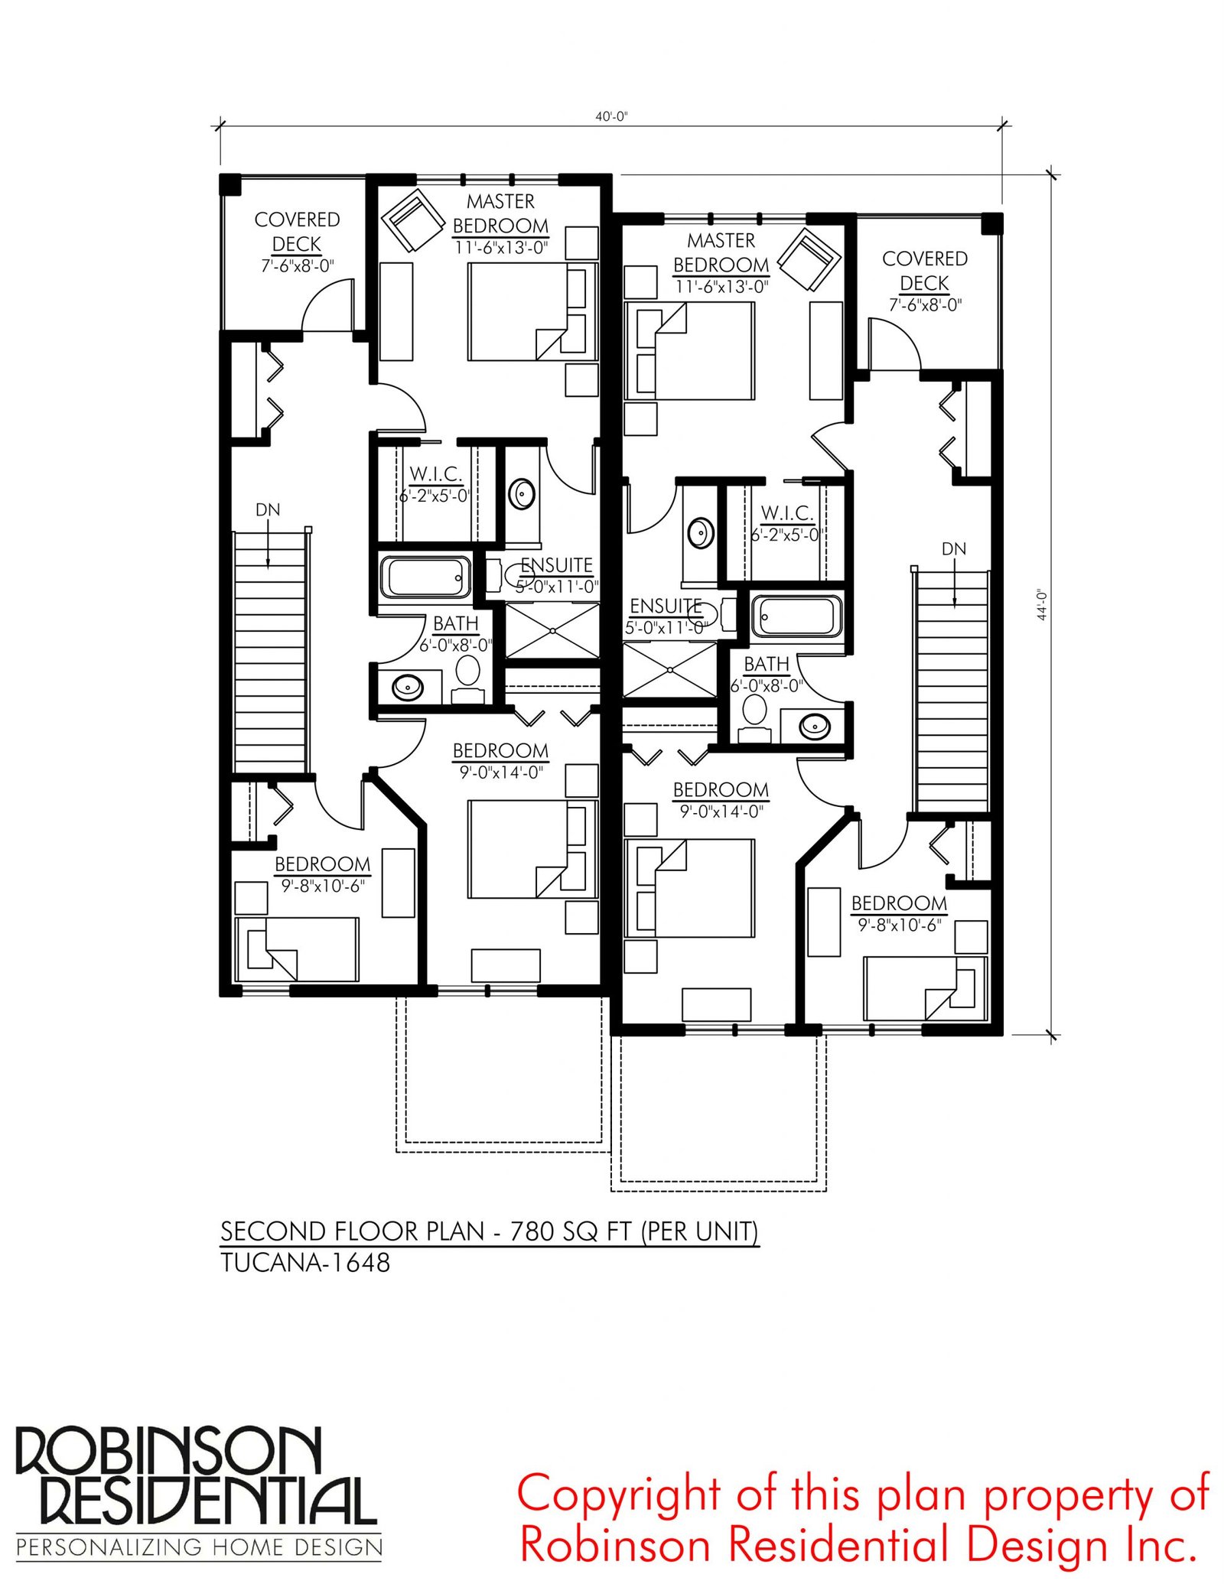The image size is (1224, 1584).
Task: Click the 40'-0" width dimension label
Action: (611, 116)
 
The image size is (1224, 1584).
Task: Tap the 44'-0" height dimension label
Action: (1042, 604)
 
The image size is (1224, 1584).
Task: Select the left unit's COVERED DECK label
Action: (297, 231)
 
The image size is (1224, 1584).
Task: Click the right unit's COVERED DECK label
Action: (925, 271)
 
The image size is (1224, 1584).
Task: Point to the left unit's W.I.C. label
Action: (435, 474)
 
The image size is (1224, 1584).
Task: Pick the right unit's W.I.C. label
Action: (786, 513)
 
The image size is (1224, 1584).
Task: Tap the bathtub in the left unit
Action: (425, 577)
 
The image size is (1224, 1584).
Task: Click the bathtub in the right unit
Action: (796, 615)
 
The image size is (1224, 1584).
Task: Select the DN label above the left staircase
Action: (268, 509)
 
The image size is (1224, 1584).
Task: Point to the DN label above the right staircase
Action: (954, 548)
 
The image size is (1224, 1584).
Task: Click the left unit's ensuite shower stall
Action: (552, 630)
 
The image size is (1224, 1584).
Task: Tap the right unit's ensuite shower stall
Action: (670, 670)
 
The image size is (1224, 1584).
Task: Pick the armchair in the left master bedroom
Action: (414, 220)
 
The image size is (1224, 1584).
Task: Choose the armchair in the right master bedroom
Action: (809, 259)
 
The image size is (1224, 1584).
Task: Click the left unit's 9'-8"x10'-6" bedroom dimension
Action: (323, 886)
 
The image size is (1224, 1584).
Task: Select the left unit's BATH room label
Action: (456, 623)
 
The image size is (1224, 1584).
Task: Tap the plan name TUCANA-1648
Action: (305, 1263)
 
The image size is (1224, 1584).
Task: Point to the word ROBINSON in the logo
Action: (168, 1450)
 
